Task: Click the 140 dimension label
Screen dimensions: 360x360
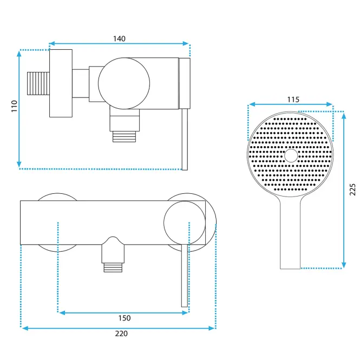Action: click(x=119, y=38)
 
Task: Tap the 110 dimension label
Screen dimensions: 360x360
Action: click(x=14, y=106)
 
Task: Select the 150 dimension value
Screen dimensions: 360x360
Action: click(x=125, y=318)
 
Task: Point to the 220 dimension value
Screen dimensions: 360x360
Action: click(x=121, y=333)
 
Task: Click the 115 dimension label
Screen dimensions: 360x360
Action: click(x=293, y=100)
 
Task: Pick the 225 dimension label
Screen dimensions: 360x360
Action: click(x=352, y=189)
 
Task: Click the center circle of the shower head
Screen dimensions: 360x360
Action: click(x=291, y=155)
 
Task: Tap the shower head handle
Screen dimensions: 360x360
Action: click(x=290, y=232)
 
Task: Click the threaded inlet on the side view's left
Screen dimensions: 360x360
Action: click(x=38, y=83)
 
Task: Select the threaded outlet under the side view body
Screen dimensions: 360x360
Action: click(x=124, y=136)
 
